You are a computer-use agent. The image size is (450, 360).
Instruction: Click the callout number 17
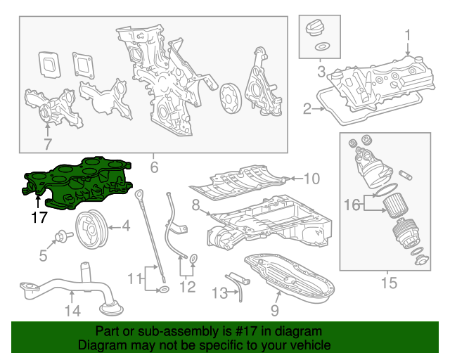(39, 218)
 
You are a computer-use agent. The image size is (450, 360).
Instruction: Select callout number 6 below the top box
(154, 167)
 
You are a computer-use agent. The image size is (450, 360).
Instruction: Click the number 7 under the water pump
(47, 145)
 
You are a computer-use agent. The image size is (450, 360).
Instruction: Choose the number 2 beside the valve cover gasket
(307, 108)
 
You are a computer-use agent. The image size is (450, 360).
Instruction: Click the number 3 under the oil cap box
(321, 72)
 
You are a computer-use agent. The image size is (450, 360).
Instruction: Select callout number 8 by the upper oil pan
(196, 206)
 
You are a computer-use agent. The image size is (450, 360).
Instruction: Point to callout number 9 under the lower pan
(274, 310)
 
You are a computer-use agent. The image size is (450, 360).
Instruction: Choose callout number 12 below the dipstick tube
(187, 285)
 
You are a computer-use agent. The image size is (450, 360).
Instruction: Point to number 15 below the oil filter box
(388, 283)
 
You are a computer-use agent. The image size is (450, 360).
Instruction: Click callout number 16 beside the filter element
(352, 205)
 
